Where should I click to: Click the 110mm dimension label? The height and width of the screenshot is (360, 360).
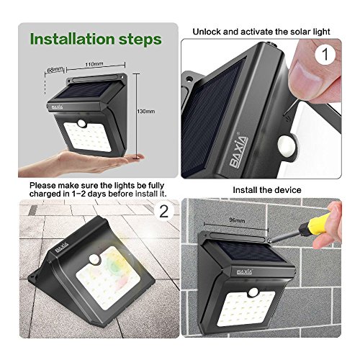coord(94,64)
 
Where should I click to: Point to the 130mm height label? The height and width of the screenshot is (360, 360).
coord(146,112)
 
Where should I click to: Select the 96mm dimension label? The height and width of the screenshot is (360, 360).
coord(237,220)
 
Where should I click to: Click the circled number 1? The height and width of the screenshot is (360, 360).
coord(325,54)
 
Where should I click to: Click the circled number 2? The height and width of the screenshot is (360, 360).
coord(164,212)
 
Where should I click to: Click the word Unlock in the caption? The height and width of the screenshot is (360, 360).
coord(207,32)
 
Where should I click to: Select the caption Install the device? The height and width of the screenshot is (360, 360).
coord(267,190)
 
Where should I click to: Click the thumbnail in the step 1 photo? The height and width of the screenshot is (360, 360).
coord(306,79)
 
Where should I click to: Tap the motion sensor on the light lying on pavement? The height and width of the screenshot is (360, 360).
coord(94,259)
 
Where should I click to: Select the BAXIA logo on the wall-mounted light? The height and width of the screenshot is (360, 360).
coord(245,271)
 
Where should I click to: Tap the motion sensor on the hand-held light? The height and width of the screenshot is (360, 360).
coord(81,123)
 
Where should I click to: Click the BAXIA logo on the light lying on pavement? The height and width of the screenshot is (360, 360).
coord(62,247)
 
